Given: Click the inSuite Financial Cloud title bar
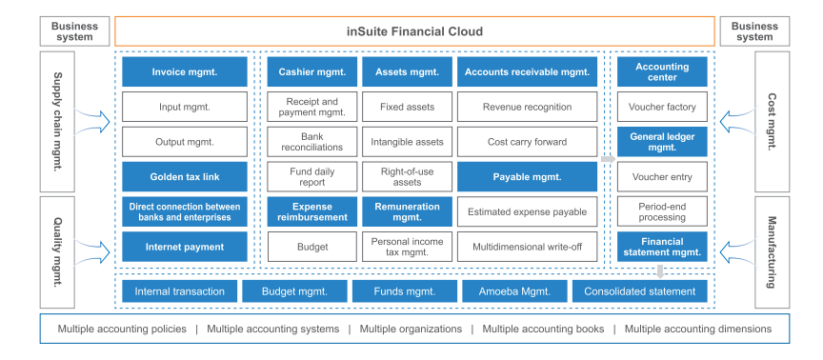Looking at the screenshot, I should coord(414,31).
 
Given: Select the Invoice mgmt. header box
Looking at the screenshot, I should coord(185,71).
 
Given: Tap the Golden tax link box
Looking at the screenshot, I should coord(185,176).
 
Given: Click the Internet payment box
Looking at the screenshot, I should coord(185,247).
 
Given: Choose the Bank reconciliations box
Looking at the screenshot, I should coord(311,142).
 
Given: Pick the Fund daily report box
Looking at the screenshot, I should coord(311,176).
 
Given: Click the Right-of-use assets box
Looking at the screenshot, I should coord(406,176).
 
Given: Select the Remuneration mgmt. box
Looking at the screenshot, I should coord(406,211).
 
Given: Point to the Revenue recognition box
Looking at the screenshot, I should coord(527,107).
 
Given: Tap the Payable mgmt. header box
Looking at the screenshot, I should coord(527,176).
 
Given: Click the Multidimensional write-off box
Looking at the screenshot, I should coord(527,247).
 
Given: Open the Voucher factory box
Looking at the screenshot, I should coord(662,107).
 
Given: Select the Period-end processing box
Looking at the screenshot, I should coord(662,211).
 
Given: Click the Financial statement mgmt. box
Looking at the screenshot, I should coord(662,247).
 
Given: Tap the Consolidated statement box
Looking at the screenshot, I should coord(639,291).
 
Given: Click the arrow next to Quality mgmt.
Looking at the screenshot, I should coord(96,250).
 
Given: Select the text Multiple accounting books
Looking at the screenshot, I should coord(543,330).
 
